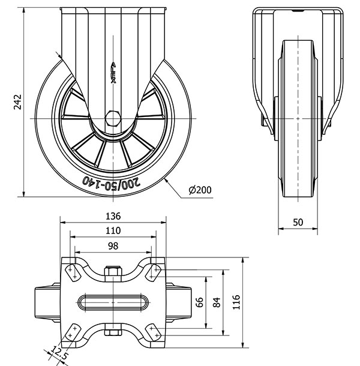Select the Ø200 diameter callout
pos(199,190)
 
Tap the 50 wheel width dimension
pos(298,222)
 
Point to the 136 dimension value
pos(113,216)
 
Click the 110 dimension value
pos(113,230)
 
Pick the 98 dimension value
pos(113,245)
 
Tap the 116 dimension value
pos(236,301)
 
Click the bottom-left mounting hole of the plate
pos(73,331)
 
